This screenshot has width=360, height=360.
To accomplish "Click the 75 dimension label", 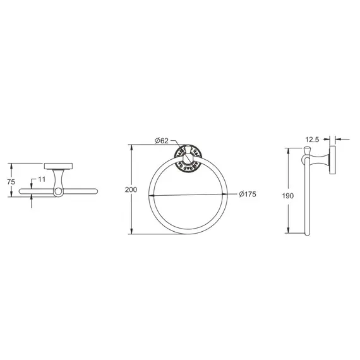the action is click(x=11, y=182).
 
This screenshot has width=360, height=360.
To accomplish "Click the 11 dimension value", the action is click(x=42, y=179).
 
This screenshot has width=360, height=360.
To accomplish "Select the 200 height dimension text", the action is click(x=131, y=189).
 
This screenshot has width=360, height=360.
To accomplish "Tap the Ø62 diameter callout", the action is click(x=162, y=140).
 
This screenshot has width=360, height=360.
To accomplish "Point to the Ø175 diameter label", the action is click(x=248, y=194).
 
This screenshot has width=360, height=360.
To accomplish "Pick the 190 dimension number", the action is click(x=288, y=196).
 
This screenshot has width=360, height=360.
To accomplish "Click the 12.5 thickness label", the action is click(x=312, y=140).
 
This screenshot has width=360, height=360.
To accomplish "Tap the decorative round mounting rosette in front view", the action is click(x=188, y=159).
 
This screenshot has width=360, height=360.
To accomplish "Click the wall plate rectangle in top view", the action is click(x=58, y=166).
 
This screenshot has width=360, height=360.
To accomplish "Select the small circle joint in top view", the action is click(x=58, y=191).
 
